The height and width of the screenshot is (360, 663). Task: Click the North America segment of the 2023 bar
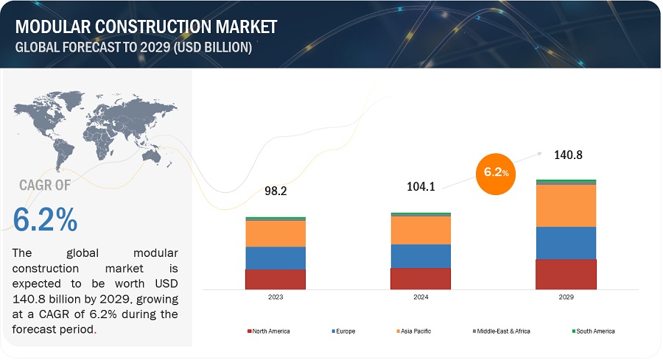pyautogui.click(x=275, y=279)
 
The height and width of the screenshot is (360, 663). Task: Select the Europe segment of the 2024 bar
pyautogui.click(x=420, y=256)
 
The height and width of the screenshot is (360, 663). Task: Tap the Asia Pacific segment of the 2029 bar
pyautogui.click(x=565, y=205)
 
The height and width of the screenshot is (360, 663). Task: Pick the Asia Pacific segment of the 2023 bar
pyautogui.click(x=275, y=233)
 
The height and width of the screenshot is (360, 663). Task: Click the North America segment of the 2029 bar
pyautogui.click(x=565, y=274)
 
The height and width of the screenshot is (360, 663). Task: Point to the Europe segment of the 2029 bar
pyautogui.click(x=565, y=243)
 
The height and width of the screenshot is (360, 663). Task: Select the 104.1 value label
pyautogui.click(x=421, y=186)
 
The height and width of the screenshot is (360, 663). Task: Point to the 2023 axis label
pyautogui.click(x=276, y=297)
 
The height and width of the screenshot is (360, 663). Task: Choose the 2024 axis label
pyautogui.click(x=420, y=297)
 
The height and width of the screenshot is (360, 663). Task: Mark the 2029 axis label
pyautogui.click(x=566, y=297)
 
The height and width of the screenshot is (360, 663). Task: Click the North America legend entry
pyautogui.click(x=268, y=331)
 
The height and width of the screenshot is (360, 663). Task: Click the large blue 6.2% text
pyautogui.click(x=45, y=219)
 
